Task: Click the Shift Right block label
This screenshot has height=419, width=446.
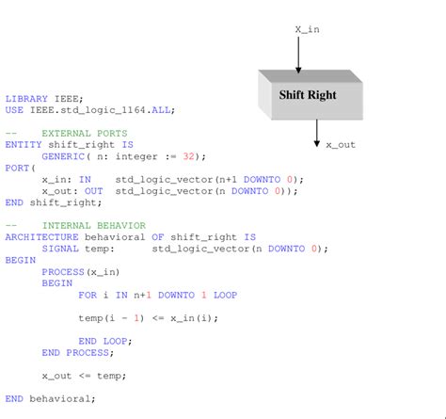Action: pyautogui.click(x=308, y=95)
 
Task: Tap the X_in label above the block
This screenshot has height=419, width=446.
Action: pyautogui.click(x=308, y=29)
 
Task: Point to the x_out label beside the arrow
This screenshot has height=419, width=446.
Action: pyautogui.click(x=341, y=145)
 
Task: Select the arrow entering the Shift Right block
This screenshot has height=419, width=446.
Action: pyautogui.click(x=298, y=55)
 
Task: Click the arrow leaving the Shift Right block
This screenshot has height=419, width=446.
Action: pyautogui.click(x=316, y=133)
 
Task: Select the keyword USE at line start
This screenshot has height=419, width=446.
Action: pyautogui.click(x=14, y=109)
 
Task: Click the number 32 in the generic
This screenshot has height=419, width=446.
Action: pyautogui.click(x=191, y=155)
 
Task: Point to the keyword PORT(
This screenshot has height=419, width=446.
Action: pyautogui.click(x=18, y=168)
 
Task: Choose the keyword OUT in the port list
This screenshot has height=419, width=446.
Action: pyautogui.click(x=94, y=190)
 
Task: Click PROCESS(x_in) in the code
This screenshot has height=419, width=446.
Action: pyautogui.click(x=75, y=271)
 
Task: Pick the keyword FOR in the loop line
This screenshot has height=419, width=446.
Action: pyautogui.click(x=88, y=295)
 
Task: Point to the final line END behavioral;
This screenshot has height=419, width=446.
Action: pyautogui.click(x=50, y=398)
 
